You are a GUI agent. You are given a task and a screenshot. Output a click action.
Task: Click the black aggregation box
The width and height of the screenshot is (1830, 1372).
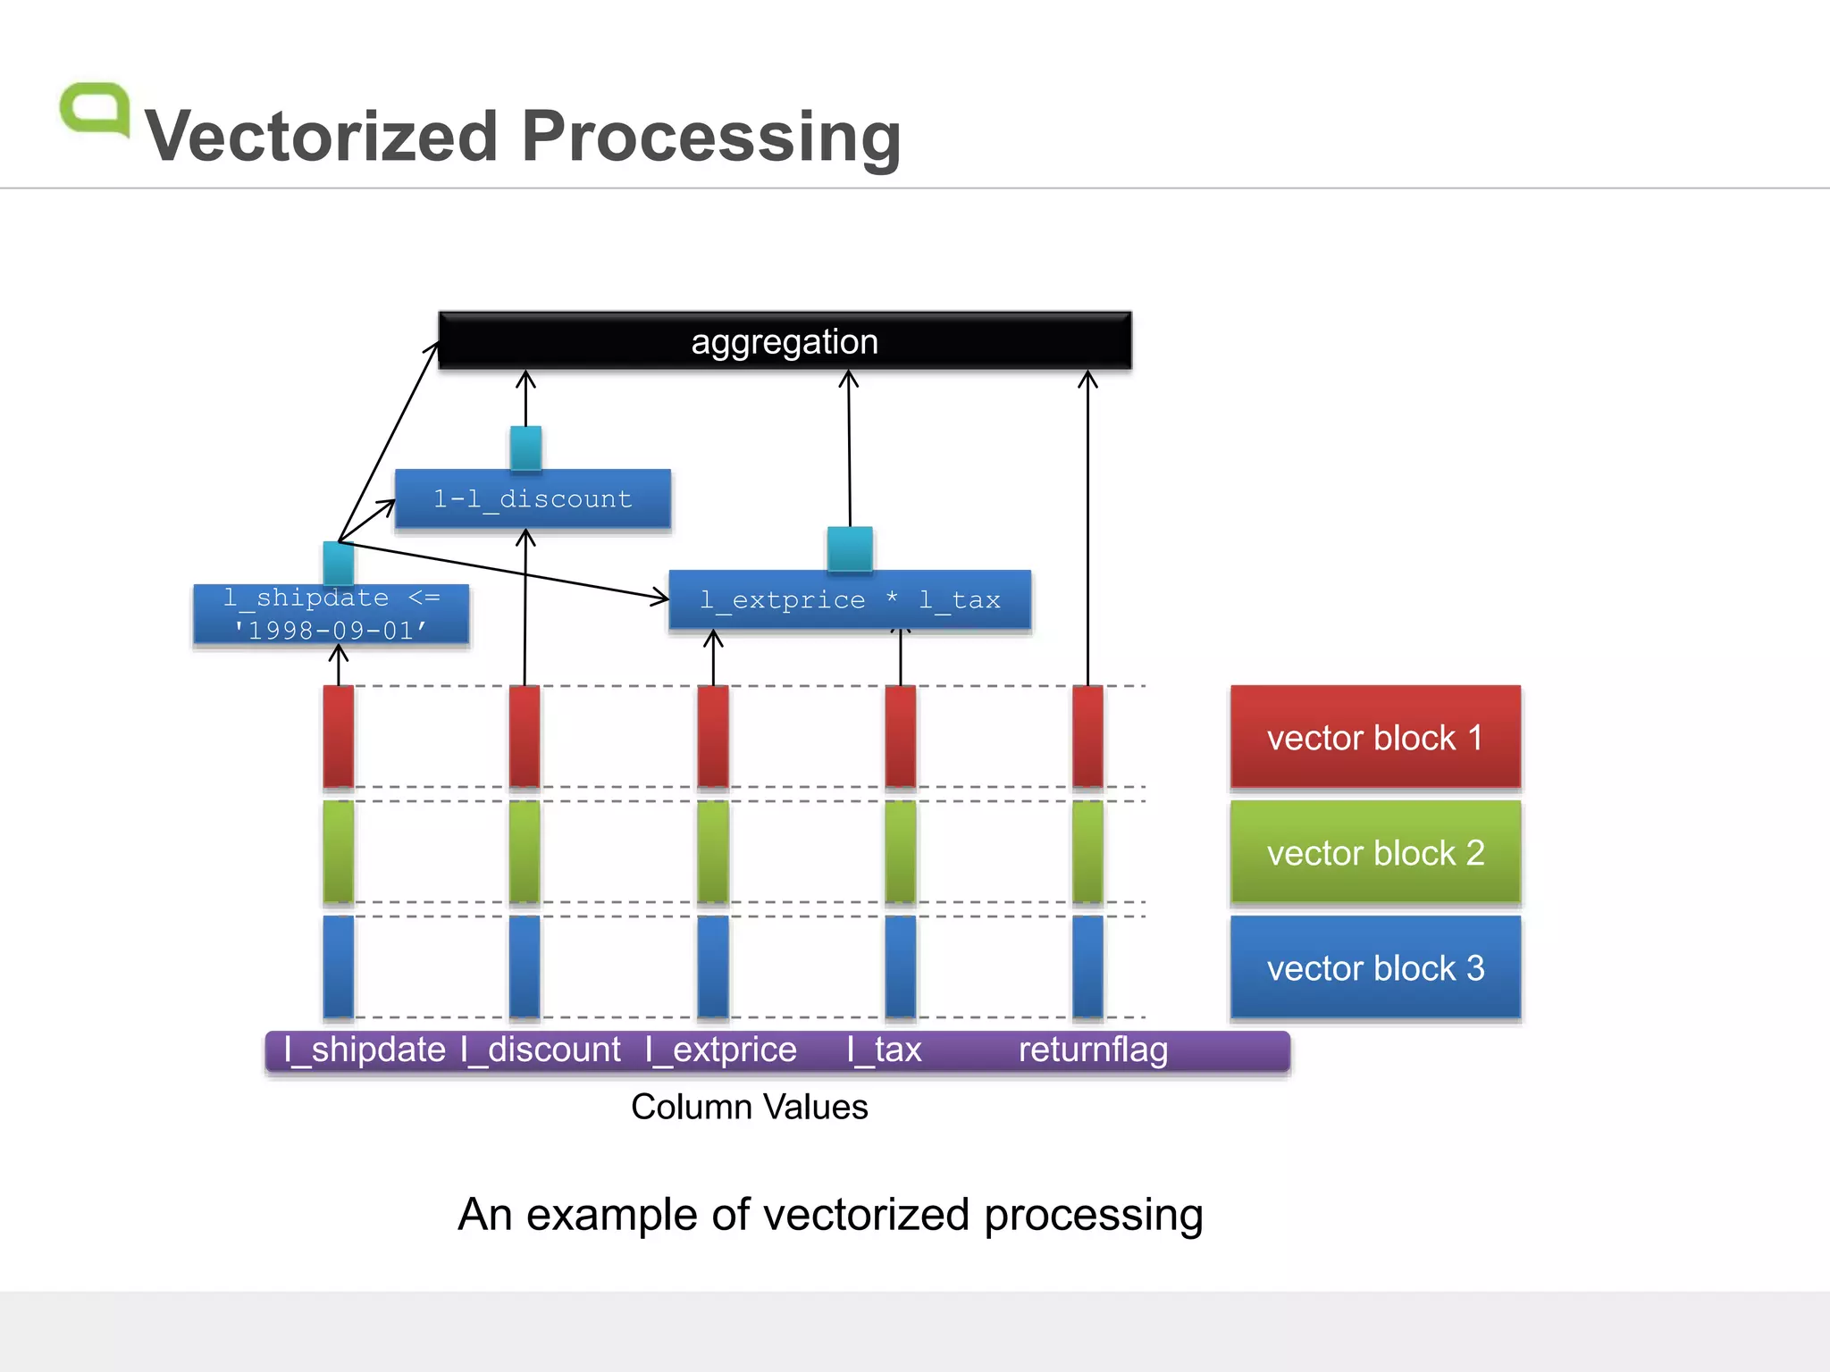[785, 341]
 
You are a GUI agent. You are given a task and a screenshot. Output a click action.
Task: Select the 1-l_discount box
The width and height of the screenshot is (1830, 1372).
[533, 499]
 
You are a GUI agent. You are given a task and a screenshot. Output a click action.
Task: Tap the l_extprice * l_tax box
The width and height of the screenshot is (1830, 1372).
[850, 600]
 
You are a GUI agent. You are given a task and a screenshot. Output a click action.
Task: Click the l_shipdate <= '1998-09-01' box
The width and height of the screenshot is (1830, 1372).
[331, 615]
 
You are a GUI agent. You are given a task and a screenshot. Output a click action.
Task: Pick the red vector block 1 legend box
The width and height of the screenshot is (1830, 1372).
[1375, 738]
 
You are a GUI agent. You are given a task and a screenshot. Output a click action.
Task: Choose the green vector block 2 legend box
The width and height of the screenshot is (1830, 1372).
[1375, 852]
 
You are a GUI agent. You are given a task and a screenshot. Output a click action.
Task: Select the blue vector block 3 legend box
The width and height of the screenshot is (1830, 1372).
[1375, 967]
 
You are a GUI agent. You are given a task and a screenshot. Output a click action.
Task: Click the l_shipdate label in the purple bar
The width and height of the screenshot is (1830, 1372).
[365, 1050]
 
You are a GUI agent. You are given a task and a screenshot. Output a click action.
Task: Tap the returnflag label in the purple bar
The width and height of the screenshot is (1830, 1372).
[1093, 1050]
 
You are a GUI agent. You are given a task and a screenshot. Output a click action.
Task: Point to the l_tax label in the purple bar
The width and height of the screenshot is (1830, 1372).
[884, 1050]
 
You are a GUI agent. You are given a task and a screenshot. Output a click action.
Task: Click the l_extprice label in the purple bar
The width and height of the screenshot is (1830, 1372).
[721, 1050]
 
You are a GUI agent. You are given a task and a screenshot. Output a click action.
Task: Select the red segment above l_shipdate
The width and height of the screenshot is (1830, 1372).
[339, 736]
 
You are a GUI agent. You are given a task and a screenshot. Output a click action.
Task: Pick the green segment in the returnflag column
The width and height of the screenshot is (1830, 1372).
[1087, 851]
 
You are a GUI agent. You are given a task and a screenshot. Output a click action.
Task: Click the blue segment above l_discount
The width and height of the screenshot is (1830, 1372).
[525, 966]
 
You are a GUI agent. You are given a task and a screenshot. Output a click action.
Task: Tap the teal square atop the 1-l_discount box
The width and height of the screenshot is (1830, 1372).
[525, 448]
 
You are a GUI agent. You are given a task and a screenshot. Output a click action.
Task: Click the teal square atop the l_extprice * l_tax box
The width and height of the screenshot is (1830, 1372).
[850, 548]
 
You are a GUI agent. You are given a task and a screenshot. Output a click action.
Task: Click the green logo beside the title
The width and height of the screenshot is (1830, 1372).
[95, 109]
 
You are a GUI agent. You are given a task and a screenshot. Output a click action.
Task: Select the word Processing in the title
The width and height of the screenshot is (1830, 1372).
[711, 137]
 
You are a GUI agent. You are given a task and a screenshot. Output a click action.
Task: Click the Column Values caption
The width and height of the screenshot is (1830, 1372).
[749, 1107]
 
